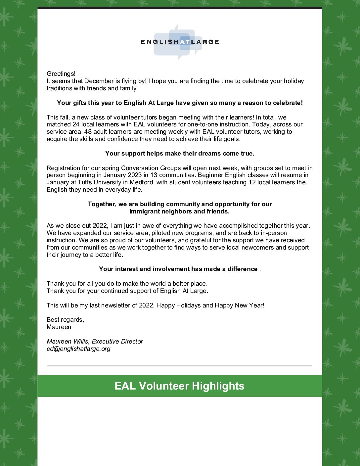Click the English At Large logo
tap(180, 42)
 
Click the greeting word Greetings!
tap(61, 73)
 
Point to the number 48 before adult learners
tap(88, 132)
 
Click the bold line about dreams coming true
tap(180, 153)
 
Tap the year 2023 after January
tap(132, 175)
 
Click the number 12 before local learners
tap(252, 182)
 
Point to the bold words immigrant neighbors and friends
tap(179, 211)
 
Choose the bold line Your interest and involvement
tap(178, 269)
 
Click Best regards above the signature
tap(65, 320)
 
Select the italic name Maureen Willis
tap(67, 342)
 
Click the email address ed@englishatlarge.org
tap(78, 349)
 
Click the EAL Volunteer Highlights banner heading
tap(179, 386)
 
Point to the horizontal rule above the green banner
tap(179, 366)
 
